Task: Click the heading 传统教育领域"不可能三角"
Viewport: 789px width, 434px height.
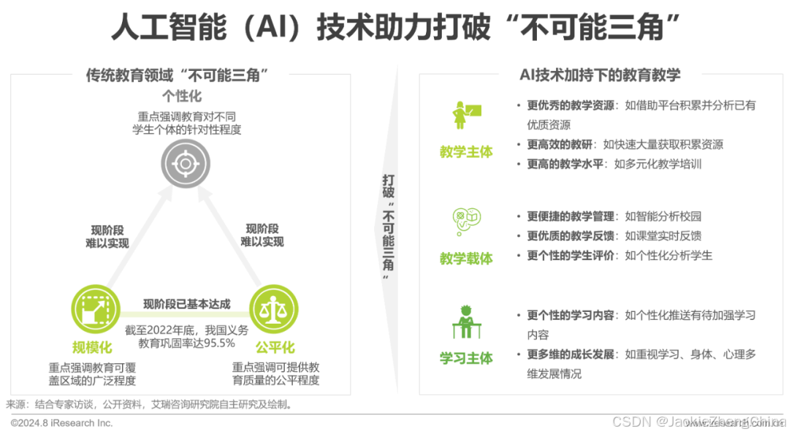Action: [x=176, y=75]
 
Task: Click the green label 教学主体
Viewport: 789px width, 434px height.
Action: [x=466, y=151]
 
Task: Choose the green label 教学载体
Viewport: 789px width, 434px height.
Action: [x=466, y=258]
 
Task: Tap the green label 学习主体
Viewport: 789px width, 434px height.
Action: [x=466, y=358]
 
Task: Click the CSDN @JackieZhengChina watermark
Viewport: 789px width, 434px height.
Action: [x=697, y=421]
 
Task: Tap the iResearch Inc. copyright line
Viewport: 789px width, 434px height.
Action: [x=62, y=423]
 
